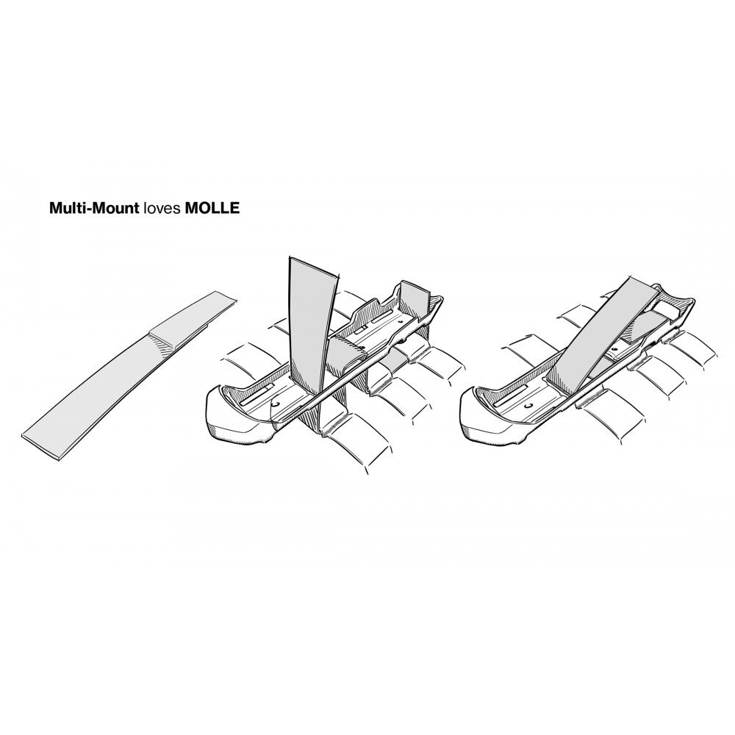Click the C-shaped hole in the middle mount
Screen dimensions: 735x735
(x=276, y=404)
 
